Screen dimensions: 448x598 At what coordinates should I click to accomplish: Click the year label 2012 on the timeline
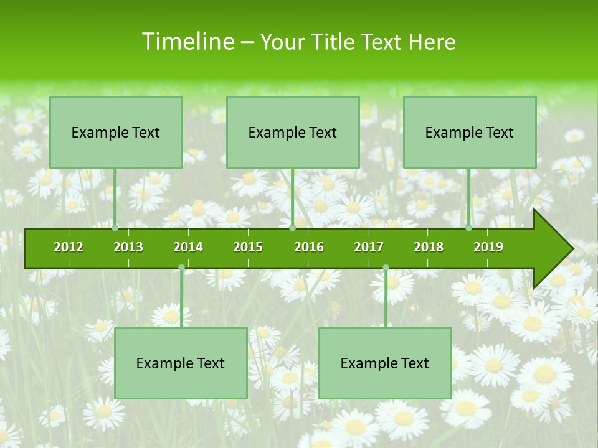tap(69, 247)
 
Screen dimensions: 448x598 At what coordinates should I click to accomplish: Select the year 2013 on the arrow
tap(128, 247)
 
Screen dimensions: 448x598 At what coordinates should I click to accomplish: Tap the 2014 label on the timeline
tap(188, 247)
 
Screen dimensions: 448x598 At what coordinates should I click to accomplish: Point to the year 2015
tap(248, 247)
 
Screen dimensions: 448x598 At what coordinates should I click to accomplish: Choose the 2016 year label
tap(309, 247)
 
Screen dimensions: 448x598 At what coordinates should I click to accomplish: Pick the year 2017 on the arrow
tap(369, 247)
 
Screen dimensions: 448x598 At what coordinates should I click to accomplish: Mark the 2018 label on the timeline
tap(429, 247)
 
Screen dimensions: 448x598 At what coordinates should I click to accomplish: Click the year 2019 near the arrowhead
tap(488, 247)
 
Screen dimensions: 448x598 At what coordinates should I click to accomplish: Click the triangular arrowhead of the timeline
tap(552, 249)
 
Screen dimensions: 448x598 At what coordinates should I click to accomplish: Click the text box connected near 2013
tap(116, 132)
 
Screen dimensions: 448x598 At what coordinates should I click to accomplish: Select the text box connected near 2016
tap(293, 132)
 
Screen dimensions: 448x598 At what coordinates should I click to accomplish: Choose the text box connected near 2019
tap(470, 132)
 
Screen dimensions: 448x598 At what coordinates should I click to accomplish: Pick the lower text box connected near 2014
tap(181, 363)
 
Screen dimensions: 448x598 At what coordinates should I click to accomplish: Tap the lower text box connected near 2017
tap(385, 363)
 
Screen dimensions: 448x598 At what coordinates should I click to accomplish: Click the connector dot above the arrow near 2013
tap(115, 228)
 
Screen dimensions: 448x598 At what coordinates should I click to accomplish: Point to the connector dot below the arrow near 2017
tap(386, 268)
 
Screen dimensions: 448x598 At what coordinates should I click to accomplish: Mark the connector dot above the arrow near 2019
tap(468, 228)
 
